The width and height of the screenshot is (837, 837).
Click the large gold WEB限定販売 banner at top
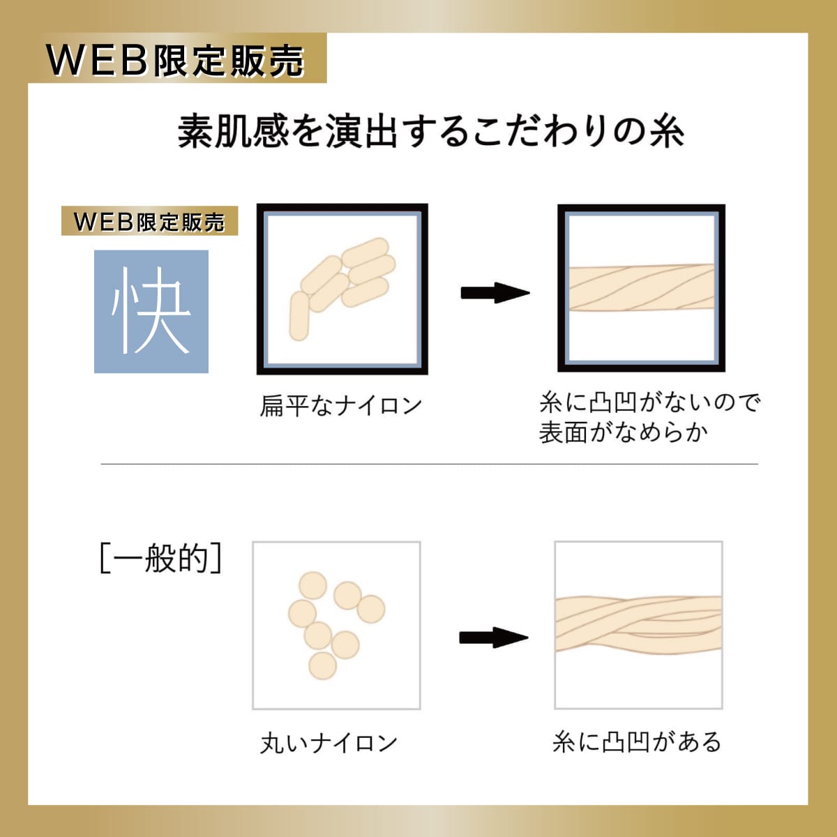click(x=177, y=58)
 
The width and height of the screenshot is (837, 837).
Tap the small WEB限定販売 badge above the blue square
click(x=149, y=220)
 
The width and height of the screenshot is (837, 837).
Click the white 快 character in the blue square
click(x=151, y=311)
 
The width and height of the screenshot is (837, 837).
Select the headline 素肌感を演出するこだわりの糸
click(x=431, y=131)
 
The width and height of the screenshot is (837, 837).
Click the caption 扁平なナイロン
click(x=341, y=405)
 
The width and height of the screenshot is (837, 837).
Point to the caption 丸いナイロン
click(x=329, y=742)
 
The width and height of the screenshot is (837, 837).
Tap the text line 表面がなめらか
click(x=624, y=432)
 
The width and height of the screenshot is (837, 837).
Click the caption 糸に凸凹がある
click(x=637, y=741)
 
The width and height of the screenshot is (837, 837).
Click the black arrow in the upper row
click(x=495, y=293)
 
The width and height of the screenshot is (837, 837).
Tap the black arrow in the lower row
click(x=494, y=638)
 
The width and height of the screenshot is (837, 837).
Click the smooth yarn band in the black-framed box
click(x=642, y=287)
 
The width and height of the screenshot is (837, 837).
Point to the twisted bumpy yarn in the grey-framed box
click(x=638, y=624)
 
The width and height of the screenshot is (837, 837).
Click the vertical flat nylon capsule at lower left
click(x=299, y=316)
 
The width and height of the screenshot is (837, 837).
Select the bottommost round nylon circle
click(x=323, y=666)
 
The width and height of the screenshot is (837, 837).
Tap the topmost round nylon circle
click(x=312, y=586)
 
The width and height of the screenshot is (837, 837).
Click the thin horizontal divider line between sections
click(x=430, y=464)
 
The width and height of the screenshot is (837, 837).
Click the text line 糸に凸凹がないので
click(x=650, y=402)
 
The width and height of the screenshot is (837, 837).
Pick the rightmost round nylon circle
click(x=371, y=609)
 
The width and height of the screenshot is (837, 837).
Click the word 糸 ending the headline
click(x=668, y=131)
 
